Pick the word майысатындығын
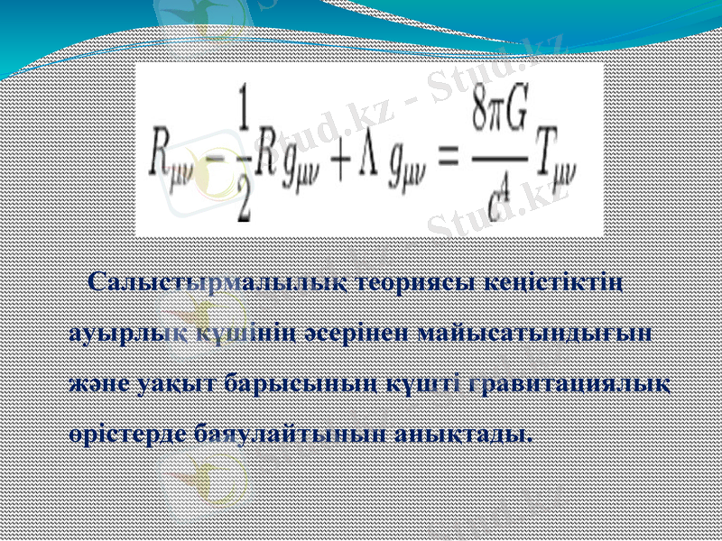pos(535,333)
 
